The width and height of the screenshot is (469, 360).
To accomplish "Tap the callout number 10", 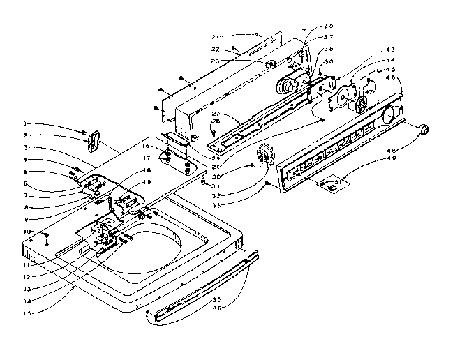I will [44, 231].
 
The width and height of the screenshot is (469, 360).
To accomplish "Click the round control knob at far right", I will [423, 130].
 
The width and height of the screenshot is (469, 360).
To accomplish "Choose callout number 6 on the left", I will [44, 183].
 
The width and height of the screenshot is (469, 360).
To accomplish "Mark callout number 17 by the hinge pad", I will [147, 158].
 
